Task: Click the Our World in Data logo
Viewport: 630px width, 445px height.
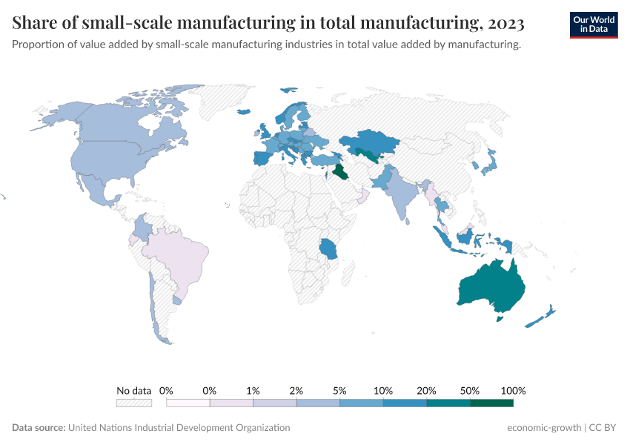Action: (x=594, y=24)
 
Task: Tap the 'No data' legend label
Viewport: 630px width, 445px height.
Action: (x=134, y=390)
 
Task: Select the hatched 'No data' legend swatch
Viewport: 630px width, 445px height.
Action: (x=134, y=403)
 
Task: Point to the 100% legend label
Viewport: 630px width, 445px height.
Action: (x=513, y=390)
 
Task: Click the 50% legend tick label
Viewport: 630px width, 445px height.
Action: (x=470, y=390)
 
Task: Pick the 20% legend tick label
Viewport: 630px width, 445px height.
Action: (x=427, y=390)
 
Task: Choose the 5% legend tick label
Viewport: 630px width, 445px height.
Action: (x=340, y=390)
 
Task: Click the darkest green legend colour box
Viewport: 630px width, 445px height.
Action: (x=491, y=403)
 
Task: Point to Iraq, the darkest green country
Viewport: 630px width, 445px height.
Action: (x=340, y=172)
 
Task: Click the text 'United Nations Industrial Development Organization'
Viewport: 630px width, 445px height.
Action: (x=179, y=428)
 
